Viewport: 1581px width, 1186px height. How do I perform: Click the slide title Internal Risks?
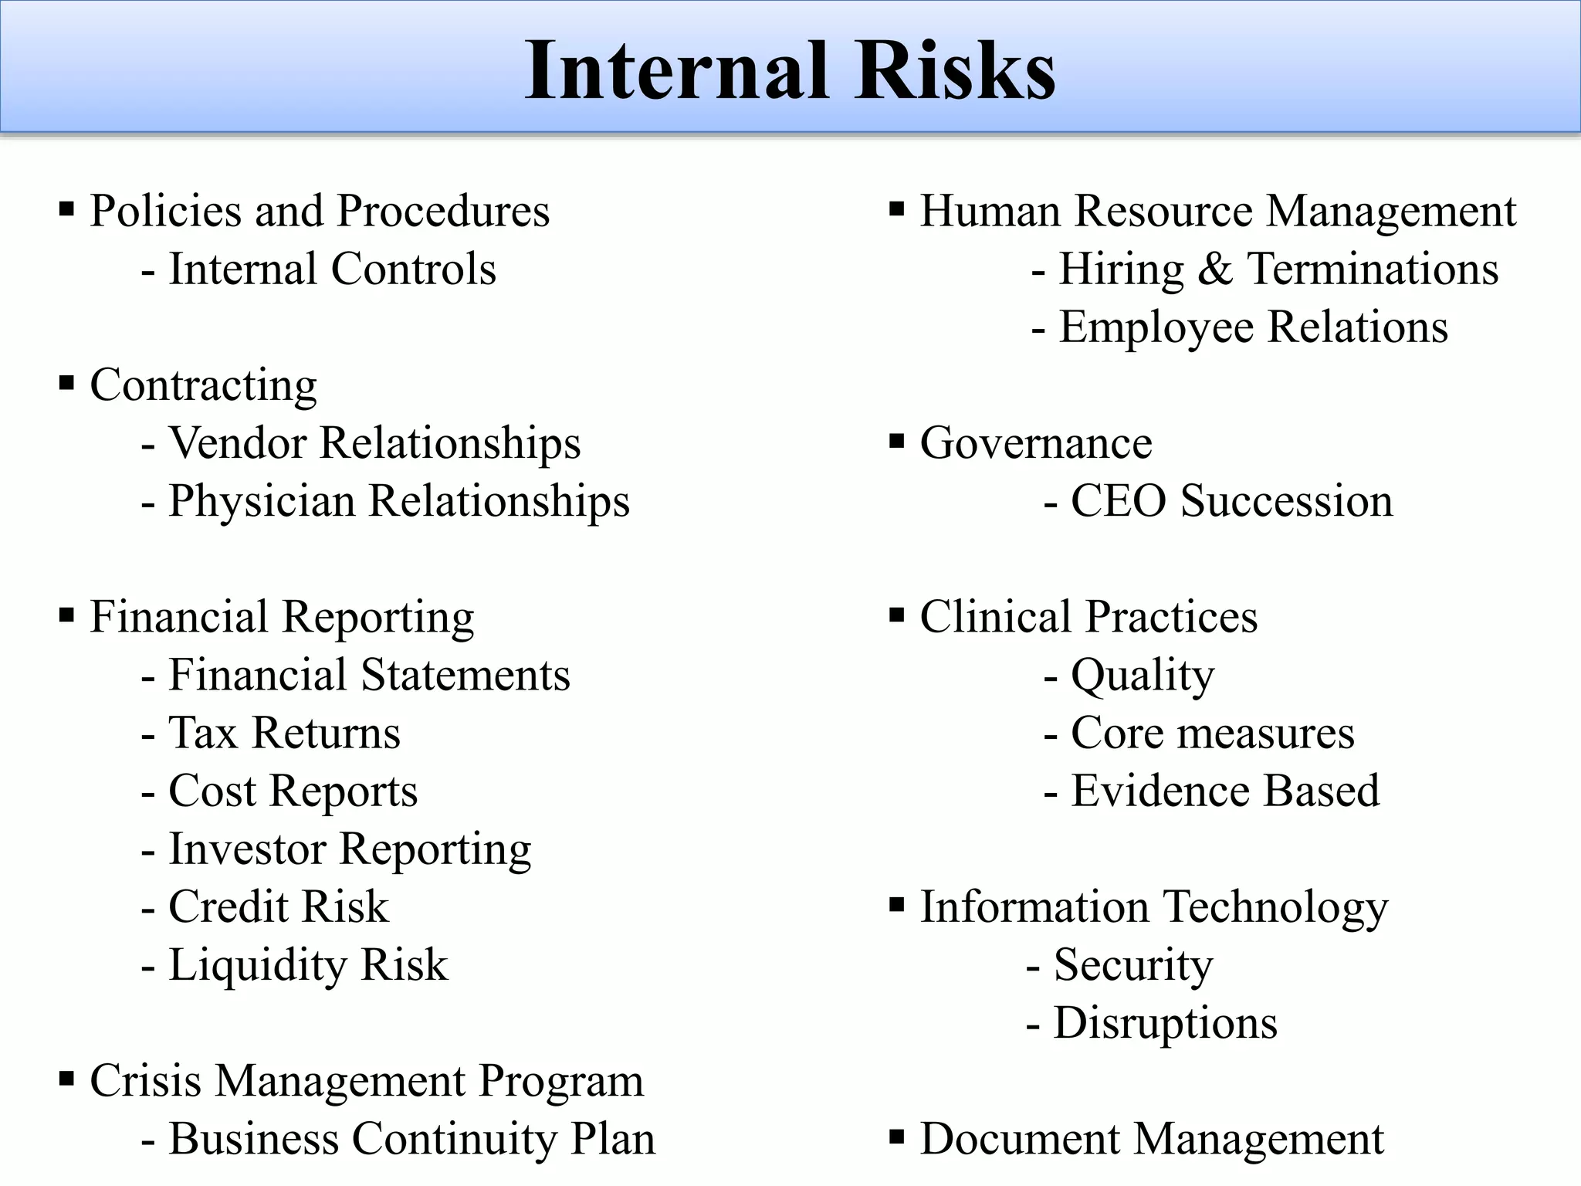(790, 71)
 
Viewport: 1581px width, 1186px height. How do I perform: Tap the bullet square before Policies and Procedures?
(66, 208)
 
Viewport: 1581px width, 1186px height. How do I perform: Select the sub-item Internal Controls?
(332, 269)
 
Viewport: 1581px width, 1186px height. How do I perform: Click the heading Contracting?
(203, 385)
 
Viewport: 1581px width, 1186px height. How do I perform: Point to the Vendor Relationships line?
(374, 443)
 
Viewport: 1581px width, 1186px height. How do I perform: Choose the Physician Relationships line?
(398, 501)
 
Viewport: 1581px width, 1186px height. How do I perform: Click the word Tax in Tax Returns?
(202, 733)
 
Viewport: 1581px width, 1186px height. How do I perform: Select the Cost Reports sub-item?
(293, 791)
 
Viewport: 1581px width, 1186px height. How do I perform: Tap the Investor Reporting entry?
(349, 849)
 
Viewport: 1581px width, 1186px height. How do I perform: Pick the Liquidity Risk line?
(307, 965)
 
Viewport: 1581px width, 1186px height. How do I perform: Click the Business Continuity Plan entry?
(411, 1139)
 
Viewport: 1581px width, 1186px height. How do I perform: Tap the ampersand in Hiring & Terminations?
(1215, 269)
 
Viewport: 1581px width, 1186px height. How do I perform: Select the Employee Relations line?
(1252, 327)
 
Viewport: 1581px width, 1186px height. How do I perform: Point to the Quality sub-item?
(1142, 676)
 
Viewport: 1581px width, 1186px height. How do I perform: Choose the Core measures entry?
(1212, 733)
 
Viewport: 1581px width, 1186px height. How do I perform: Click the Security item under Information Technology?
(1132, 965)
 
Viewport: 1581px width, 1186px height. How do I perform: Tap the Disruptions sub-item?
(1165, 1023)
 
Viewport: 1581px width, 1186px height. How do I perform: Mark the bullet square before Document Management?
(896, 1136)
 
